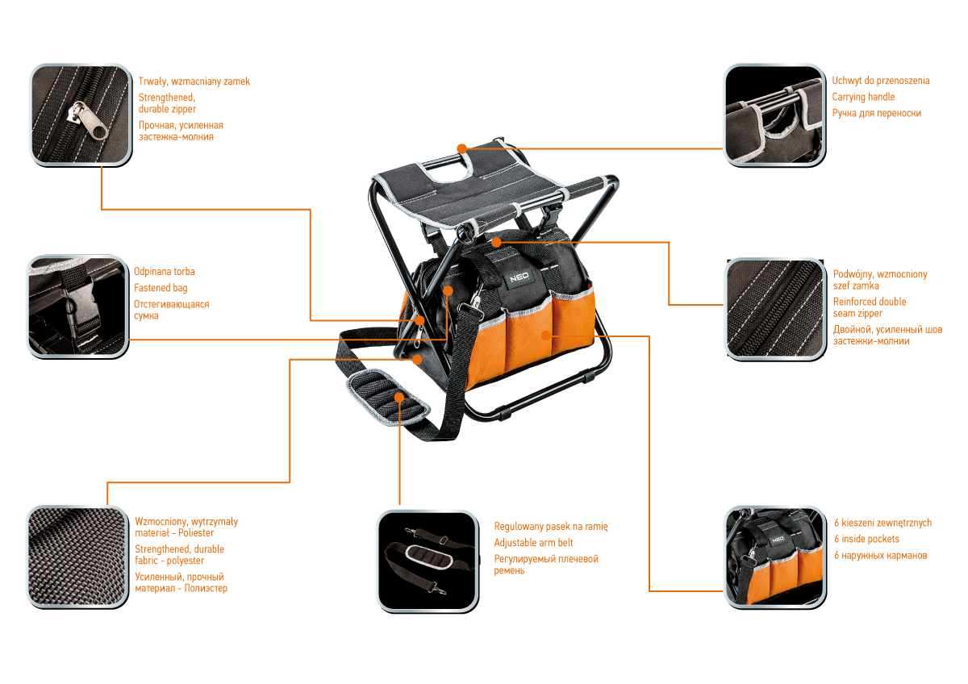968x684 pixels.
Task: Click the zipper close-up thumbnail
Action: pos(79,115)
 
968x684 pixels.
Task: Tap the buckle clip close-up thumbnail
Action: pos(77,307)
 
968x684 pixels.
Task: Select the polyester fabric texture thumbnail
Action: pos(77,557)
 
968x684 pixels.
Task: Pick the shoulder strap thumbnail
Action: pos(426,560)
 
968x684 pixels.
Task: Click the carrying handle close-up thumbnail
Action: pos(774,115)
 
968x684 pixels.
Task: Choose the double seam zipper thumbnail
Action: pos(774,308)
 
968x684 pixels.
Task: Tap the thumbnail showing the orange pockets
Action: pos(774,557)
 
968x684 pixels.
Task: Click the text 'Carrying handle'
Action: pos(864,98)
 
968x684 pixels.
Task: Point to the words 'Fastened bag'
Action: pos(161,288)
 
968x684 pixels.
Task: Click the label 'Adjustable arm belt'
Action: pos(533,543)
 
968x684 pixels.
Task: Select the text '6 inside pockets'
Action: pos(867,539)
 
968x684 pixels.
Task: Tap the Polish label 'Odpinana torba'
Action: pos(164,272)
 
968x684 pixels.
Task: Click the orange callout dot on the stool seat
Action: pos(461,148)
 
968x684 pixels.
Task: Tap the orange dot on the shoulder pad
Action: pos(399,396)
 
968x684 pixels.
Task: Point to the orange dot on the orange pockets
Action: pos(546,334)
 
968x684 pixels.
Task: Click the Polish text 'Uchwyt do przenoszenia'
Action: pos(881,81)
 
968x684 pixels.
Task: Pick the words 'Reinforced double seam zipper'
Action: pos(869,307)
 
